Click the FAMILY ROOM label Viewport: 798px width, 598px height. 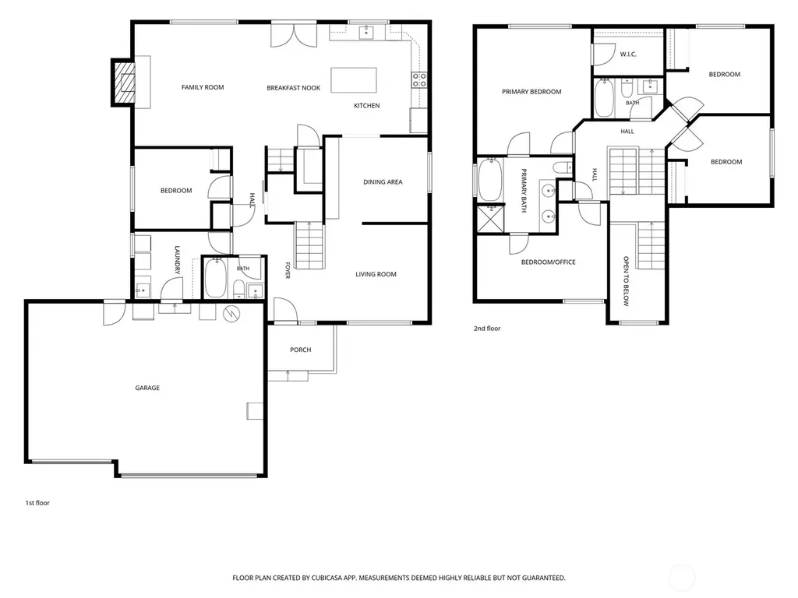tap(203, 87)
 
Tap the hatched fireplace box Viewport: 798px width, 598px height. tap(124, 83)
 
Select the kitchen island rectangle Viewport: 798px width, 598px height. tap(354, 80)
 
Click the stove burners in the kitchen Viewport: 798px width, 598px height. tap(419, 80)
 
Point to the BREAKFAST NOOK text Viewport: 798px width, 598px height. tap(294, 88)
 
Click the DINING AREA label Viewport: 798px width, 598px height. tap(383, 182)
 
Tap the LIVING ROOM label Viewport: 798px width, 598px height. tap(376, 275)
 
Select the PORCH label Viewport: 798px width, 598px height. tap(300, 350)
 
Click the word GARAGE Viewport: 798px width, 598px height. tap(147, 388)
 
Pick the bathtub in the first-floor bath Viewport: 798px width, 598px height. tap(215, 278)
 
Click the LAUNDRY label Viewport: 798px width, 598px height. tap(177, 260)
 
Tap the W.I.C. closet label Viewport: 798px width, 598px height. tap(628, 55)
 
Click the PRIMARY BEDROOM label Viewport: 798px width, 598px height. tap(531, 92)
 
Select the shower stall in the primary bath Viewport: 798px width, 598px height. tap(490, 219)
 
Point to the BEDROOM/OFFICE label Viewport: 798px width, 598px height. tap(548, 262)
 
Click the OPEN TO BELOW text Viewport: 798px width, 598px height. tap(626, 281)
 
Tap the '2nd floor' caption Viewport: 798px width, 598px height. tap(487, 329)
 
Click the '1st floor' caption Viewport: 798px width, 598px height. tap(37, 503)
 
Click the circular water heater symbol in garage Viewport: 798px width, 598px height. tap(231, 314)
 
